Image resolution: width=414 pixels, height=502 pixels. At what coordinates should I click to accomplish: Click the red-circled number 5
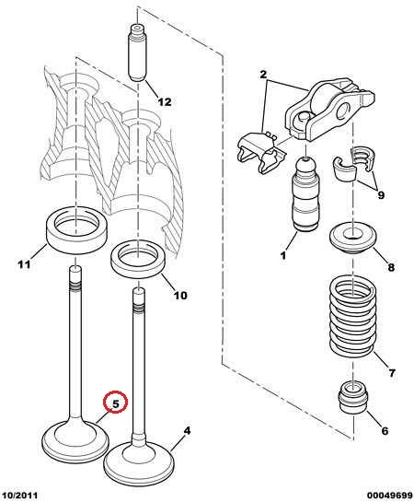115,403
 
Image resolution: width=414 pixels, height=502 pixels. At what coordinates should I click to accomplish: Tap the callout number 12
165,102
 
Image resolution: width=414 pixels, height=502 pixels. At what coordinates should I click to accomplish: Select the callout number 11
24,264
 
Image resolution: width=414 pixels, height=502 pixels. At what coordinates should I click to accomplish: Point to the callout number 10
180,295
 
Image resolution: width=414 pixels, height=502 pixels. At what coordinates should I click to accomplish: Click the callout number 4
187,430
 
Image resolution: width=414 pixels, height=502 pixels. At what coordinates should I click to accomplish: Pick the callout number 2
263,75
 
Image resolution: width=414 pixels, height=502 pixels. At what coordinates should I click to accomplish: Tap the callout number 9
381,194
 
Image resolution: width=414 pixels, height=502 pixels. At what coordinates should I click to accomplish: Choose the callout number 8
391,266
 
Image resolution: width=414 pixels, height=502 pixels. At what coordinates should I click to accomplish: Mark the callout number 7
392,373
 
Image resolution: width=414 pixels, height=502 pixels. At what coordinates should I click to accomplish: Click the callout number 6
385,430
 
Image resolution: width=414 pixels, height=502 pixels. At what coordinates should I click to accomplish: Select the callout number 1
283,255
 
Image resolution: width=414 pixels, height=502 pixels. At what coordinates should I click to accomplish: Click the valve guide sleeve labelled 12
138,53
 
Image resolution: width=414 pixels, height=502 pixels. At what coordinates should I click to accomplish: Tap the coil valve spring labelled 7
352,316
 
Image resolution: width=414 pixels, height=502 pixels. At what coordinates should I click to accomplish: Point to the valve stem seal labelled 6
353,397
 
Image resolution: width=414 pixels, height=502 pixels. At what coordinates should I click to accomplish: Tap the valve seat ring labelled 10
138,259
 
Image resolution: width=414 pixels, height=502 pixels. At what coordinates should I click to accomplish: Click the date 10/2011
19,496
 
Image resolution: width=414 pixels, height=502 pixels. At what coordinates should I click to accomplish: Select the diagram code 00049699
390,496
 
